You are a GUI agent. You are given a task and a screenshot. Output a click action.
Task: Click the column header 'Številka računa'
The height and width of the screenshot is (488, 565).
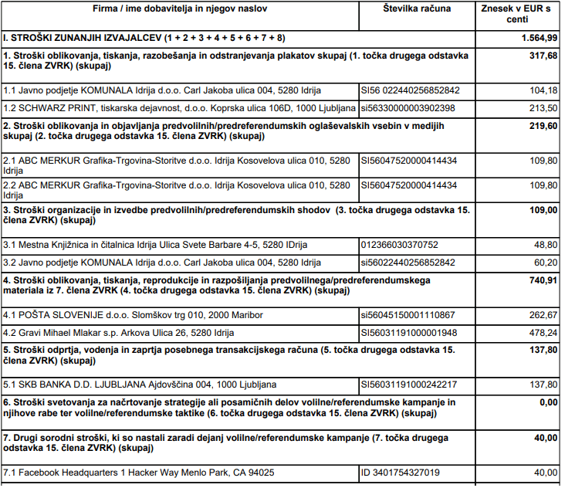(417, 8)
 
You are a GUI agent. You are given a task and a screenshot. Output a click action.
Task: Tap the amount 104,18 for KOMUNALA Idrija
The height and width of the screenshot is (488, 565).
(543, 90)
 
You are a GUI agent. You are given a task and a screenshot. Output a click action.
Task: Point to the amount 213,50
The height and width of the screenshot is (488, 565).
(543, 107)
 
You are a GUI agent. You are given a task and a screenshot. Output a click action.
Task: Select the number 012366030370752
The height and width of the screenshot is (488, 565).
(399, 244)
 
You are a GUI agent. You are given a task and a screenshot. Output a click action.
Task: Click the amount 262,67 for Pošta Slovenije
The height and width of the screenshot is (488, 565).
(543, 315)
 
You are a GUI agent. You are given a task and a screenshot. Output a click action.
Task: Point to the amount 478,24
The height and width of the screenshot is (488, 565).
(543, 333)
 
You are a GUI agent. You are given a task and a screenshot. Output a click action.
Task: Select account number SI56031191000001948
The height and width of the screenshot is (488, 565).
(409, 333)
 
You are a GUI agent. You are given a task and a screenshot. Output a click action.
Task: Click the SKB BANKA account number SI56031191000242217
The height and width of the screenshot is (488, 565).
(409, 385)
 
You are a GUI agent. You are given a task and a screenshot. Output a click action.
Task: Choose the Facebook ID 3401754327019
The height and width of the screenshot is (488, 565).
(401, 473)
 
